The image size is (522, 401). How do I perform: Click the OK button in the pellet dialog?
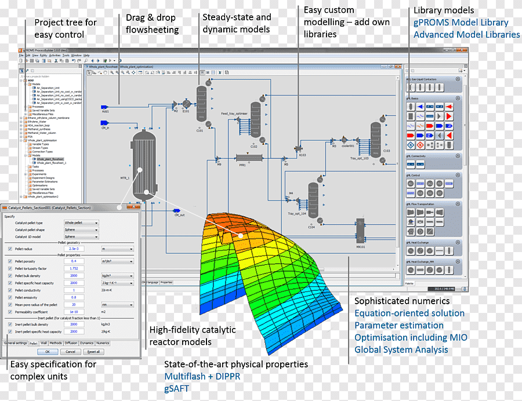48,351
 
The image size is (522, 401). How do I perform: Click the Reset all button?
93,351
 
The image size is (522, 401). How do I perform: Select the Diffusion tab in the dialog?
71,343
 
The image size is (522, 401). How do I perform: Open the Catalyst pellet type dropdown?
81,223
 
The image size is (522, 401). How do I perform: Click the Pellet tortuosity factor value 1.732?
74,268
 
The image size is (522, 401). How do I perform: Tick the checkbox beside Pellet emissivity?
10,297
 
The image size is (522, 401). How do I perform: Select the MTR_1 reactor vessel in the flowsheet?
144,165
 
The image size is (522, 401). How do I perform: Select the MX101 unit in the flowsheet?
360,233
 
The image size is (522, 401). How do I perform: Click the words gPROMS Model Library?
461,23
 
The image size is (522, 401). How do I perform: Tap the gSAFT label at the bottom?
177,388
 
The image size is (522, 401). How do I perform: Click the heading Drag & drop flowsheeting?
152,24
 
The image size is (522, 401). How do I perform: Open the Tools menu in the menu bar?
66,55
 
